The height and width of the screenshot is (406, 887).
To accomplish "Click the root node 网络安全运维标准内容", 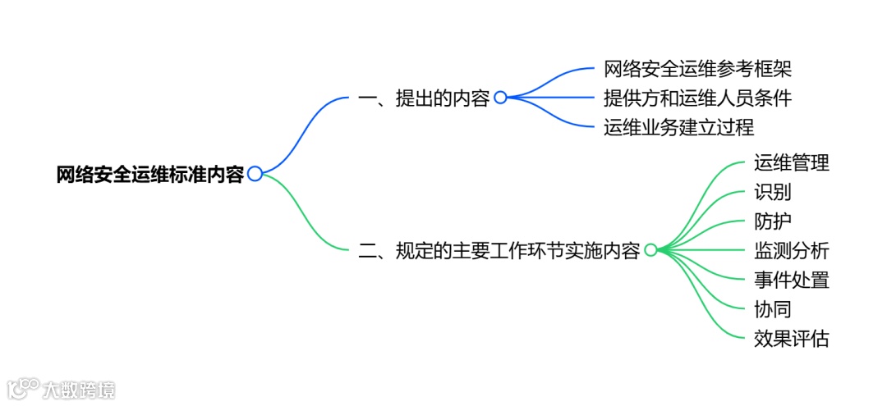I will [149, 174].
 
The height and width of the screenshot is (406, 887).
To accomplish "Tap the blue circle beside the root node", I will [255, 174].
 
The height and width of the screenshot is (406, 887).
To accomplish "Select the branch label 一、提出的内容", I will [424, 98].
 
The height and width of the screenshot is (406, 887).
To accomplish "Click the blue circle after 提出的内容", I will [500, 98].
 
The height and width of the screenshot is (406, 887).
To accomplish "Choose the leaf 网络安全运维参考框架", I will [697, 69].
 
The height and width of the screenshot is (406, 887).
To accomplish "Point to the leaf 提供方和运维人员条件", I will [697, 98].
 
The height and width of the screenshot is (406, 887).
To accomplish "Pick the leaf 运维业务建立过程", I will [678, 127].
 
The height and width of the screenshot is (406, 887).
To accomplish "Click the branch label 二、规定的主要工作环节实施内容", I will [499, 250].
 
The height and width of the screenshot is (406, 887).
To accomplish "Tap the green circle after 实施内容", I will [650, 250].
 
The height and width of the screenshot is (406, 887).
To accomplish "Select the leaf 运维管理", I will [791, 162].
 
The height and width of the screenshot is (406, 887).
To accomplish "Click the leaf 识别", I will [772, 192].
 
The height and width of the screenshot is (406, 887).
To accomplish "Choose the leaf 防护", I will [772, 221].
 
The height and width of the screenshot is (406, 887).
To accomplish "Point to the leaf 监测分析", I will [791, 250].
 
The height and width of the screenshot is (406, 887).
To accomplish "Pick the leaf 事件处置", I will [791, 280].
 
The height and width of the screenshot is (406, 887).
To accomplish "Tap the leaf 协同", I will [772, 309].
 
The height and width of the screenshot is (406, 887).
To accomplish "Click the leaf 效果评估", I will [791, 338].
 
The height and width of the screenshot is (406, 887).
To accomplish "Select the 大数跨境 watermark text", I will [80, 389].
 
